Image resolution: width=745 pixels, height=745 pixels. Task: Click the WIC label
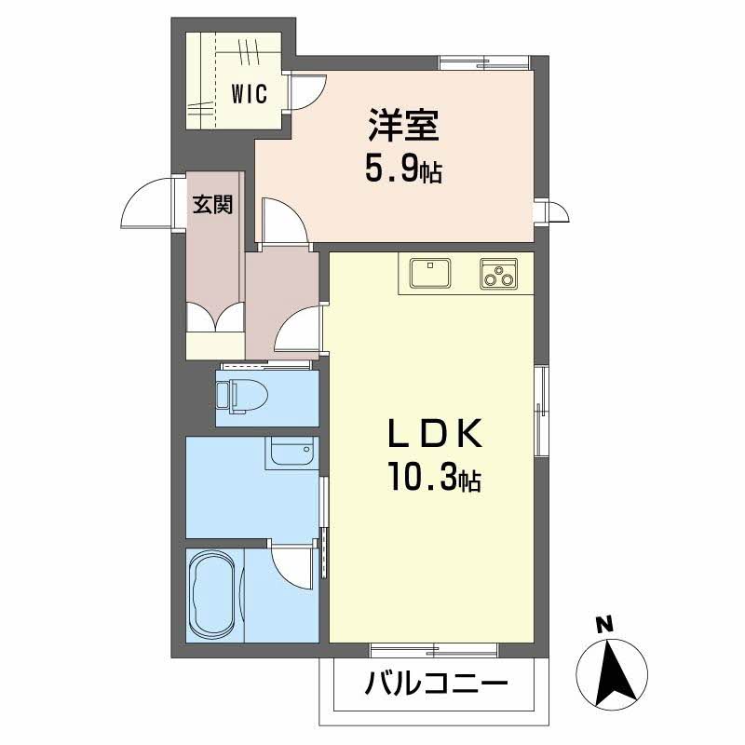coord(249,93)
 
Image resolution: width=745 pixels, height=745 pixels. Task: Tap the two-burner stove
coord(499,273)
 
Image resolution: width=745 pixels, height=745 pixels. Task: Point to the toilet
coord(241,396)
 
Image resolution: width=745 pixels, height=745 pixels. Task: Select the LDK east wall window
coord(540,411)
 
